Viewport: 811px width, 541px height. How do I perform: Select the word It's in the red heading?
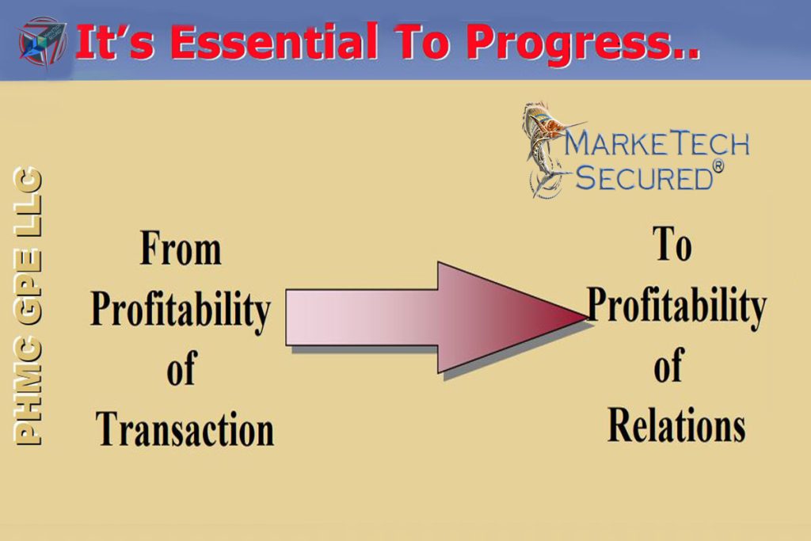pos(115,42)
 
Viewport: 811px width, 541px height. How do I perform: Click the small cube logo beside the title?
pos(43,43)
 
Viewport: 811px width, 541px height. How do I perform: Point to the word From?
pos(181,248)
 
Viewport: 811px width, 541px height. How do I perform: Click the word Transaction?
pos(185,429)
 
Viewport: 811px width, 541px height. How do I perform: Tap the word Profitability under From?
pos(181,311)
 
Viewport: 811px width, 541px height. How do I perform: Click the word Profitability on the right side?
pos(676,307)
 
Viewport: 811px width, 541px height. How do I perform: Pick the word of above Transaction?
pos(181,368)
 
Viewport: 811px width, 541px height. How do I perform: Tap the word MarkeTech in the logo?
pos(657,143)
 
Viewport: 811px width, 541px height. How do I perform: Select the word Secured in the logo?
pos(645,177)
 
